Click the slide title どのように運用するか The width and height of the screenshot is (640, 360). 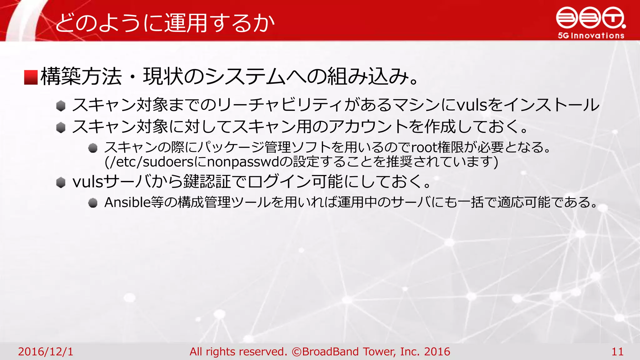(165, 23)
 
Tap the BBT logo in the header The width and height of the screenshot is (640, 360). (591, 18)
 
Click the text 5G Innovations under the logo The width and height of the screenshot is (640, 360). (591, 36)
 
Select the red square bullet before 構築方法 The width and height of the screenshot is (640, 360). (31, 77)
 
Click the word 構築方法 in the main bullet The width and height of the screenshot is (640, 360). (81, 77)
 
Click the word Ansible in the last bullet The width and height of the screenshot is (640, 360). (127, 202)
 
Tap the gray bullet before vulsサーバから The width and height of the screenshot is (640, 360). (61, 182)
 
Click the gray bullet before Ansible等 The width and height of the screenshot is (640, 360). (93, 203)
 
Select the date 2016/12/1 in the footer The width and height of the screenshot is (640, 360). (46, 352)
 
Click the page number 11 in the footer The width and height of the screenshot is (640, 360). (617, 352)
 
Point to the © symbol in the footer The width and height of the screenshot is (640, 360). (297, 352)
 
